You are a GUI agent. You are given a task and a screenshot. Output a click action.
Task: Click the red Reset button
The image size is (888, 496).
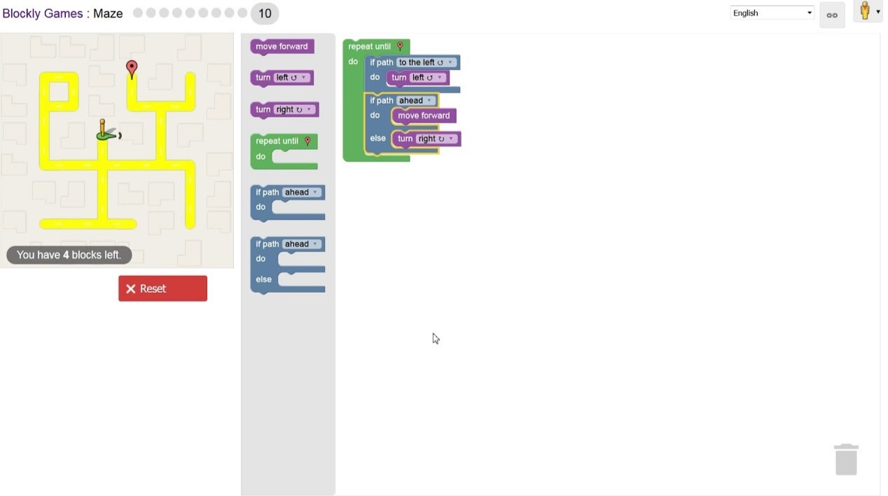tap(162, 289)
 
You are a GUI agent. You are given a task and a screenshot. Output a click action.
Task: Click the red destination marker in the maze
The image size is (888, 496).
tap(132, 68)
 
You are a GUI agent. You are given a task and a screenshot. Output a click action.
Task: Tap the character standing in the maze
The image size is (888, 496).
tap(105, 130)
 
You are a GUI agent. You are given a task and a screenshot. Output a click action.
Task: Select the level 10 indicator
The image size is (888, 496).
tap(265, 13)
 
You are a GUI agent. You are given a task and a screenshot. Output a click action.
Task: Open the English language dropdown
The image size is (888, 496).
tap(772, 13)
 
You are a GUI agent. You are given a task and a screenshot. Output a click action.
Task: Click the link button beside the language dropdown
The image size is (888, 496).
tap(832, 15)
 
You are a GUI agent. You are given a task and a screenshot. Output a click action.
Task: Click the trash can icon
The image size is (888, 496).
tap(846, 460)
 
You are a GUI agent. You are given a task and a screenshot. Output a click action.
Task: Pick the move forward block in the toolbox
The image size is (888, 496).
tap(282, 46)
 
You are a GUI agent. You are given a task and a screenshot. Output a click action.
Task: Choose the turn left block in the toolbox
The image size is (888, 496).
tap(263, 78)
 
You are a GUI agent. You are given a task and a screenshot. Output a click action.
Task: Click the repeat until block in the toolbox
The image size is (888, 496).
tap(277, 141)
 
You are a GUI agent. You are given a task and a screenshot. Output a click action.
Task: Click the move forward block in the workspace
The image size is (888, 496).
tap(424, 116)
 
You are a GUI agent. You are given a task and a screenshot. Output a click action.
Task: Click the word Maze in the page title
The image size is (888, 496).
tap(108, 13)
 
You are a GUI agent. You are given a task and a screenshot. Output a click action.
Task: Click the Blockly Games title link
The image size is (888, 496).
tap(43, 13)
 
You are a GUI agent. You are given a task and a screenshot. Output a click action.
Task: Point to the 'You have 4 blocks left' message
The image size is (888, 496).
tap(69, 255)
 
